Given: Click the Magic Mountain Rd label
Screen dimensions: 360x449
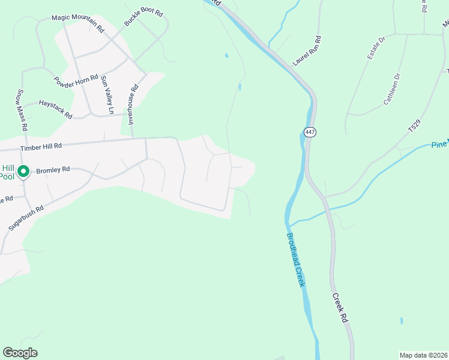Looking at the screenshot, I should coord(78,23).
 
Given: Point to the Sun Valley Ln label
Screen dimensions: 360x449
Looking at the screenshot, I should coord(107,95).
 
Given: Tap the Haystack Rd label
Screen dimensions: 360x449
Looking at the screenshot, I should coord(55,107).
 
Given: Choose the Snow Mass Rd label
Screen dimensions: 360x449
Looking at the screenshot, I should coord(21,110).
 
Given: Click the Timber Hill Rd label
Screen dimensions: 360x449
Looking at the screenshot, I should coord(41,146).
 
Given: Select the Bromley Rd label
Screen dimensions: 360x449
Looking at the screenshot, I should coord(53,170).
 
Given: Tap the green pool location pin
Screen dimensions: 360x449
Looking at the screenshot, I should coord(23,172).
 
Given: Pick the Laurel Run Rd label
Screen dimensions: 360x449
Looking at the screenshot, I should coord(307,50).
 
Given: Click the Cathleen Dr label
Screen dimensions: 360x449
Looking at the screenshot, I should coord(392,89).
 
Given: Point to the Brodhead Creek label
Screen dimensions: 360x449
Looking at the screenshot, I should coord(297,259).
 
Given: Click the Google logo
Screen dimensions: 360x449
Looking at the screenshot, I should coord(20,352).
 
